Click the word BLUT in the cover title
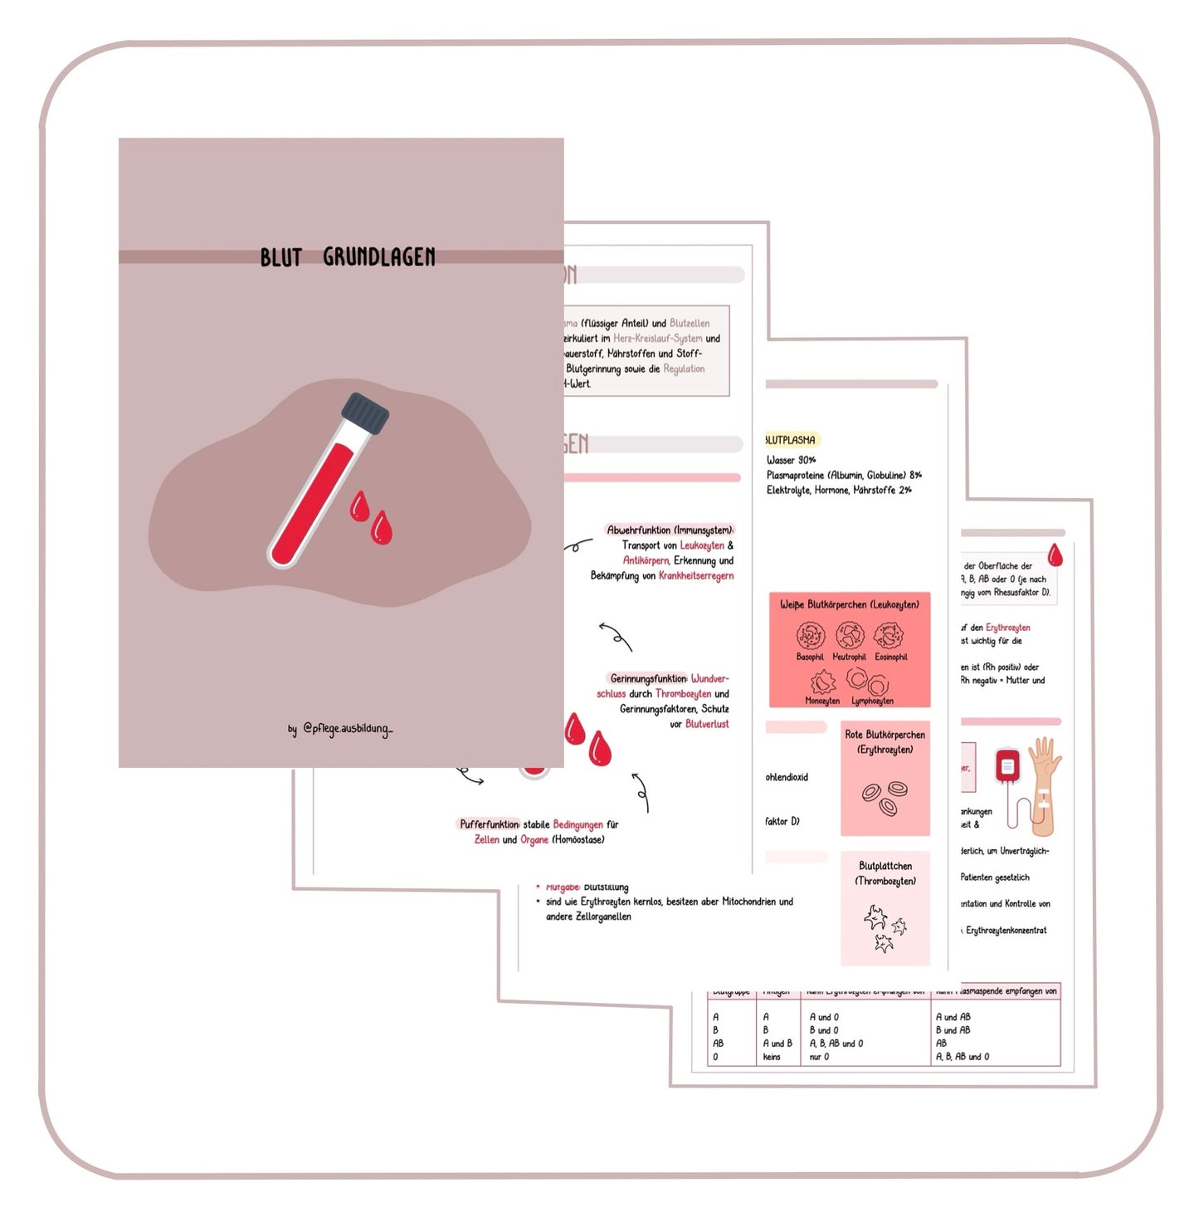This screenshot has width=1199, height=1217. click(280, 257)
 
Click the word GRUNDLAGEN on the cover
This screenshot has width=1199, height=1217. click(378, 257)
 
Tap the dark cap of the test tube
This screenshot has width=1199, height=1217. click(365, 413)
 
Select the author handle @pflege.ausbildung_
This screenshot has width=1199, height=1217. click(348, 729)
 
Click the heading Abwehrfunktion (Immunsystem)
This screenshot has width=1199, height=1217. click(670, 530)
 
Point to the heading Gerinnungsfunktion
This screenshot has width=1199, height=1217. click(648, 678)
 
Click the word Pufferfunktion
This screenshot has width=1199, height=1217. click(489, 824)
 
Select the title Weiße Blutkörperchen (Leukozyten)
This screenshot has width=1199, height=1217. click(849, 604)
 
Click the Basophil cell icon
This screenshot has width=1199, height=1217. click(810, 636)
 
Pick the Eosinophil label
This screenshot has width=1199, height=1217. click(891, 657)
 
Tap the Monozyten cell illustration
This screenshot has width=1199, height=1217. click(822, 682)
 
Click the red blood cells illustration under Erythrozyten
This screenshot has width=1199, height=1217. click(885, 798)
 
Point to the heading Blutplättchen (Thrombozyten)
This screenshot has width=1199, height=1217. click(885, 873)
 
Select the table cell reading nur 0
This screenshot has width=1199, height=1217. click(819, 1057)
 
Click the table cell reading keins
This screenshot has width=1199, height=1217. click(772, 1057)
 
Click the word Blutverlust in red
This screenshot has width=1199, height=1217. click(707, 724)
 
